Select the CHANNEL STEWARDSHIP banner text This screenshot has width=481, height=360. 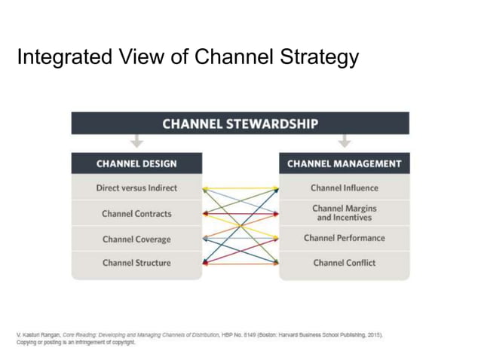[x=240, y=123]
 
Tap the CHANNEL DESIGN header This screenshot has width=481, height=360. [x=136, y=163]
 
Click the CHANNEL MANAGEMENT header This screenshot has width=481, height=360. [x=345, y=163]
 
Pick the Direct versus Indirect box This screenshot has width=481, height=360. [x=136, y=188]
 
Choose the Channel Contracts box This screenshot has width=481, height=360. [x=136, y=213]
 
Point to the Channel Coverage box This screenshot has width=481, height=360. [x=136, y=239]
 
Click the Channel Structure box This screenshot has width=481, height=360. [x=136, y=263]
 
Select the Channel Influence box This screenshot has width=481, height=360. [x=345, y=188]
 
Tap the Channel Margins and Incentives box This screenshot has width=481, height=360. [x=345, y=212]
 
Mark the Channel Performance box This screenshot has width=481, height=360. [x=345, y=238]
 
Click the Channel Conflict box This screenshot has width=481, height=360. [x=345, y=263]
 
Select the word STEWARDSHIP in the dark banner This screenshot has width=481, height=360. [x=272, y=123]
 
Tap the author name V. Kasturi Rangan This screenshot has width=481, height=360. [x=38, y=334]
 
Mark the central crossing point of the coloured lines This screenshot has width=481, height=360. [x=240, y=225]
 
